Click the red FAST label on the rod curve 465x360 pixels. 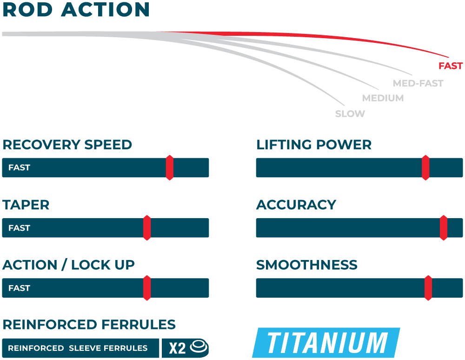click(x=451, y=66)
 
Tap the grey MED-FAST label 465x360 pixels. click(x=418, y=84)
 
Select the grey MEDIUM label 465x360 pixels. click(x=383, y=98)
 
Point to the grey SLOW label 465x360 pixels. click(x=350, y=114)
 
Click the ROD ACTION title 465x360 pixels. click(x=76, y=10)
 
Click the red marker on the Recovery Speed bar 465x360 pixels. click(x=170, y=167)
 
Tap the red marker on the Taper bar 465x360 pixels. click(x=147, y=228)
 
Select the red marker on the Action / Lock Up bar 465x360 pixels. click(x=147, y=288)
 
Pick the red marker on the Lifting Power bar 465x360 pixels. click(x=425, y=167)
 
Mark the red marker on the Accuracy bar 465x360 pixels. click(x=444, y=228)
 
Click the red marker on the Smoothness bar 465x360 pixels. click(x=428, y=288)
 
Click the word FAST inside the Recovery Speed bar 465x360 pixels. click(x=19, y=168)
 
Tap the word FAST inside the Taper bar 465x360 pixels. click(x=19, y=228)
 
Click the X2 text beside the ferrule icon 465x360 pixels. click(x=177, y=348)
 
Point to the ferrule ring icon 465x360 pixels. click(x=199, y=347)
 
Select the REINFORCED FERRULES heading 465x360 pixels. click(x=89, y=325)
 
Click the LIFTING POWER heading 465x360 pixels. click(x=314, y=145)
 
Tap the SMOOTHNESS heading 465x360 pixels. click(x=307, y=265)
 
